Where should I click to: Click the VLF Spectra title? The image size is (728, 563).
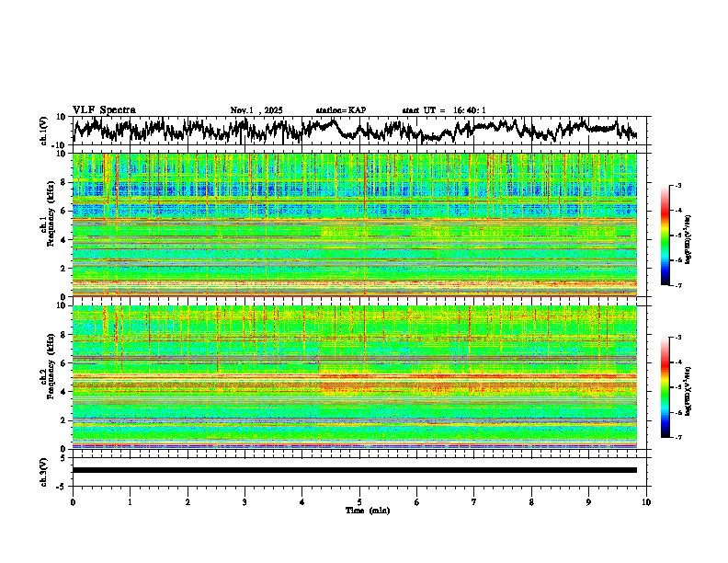point(104,109)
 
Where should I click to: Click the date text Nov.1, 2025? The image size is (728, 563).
point(256,110)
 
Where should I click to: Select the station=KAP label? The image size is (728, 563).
point(340,110)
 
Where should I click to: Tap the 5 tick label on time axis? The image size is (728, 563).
point(359,501)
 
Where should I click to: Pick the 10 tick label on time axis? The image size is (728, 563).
point(646,501)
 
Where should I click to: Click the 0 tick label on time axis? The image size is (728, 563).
point(73,501)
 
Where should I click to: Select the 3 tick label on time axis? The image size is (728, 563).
point(245,501)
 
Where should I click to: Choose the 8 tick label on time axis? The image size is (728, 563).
point(531,501)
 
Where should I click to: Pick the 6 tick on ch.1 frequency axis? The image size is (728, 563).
point(63,211)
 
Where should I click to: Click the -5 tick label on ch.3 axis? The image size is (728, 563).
point(61,484)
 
